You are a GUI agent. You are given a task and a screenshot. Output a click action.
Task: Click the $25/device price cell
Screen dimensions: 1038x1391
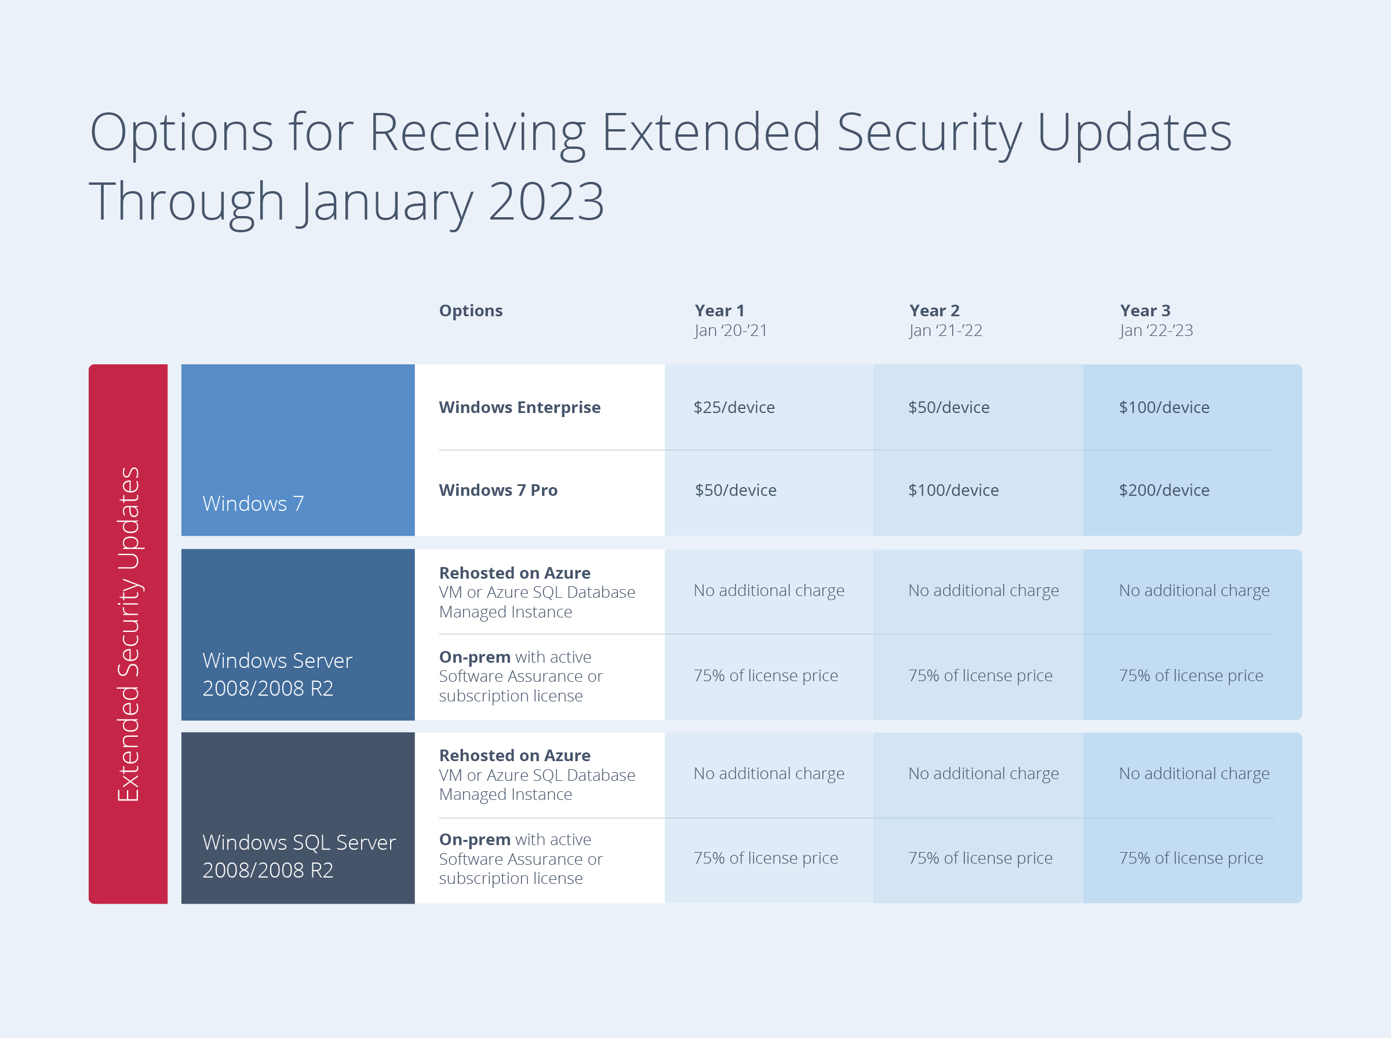(734, 407)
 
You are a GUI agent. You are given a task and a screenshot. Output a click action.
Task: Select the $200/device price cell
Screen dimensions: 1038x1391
(1163, 490)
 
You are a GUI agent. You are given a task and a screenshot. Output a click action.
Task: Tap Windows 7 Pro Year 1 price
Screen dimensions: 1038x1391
(735, 490)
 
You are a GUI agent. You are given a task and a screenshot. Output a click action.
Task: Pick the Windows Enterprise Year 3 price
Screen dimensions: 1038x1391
(1163, 407)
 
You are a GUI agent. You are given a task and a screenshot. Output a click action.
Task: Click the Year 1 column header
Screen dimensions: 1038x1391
(719, 310)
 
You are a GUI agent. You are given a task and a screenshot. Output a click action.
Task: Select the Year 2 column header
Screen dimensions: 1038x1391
(934, 310)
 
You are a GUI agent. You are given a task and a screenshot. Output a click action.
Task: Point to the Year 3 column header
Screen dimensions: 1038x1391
(1145, 310)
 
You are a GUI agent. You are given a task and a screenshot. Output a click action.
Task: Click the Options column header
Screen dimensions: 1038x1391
(470, 310)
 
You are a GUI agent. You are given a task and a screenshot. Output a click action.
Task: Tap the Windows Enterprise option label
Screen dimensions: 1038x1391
(519, 407)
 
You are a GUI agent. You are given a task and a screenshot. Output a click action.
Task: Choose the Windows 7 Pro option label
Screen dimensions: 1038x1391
(498, 490)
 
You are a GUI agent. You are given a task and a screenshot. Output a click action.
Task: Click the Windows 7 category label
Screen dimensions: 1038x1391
(253, 503)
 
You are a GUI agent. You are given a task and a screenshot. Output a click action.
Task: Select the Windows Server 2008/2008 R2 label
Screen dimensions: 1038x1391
(276, 674)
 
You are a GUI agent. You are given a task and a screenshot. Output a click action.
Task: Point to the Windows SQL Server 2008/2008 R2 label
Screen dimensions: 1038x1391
(298, 856)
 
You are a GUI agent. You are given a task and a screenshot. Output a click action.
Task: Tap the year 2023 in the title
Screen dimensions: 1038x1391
(545, 201)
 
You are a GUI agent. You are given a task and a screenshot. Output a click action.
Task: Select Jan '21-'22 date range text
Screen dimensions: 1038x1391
(945, 331)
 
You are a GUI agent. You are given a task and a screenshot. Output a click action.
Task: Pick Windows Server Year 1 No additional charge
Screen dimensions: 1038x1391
(768, 591)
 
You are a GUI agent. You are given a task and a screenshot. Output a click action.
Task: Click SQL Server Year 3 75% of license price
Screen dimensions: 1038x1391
(1190, 858)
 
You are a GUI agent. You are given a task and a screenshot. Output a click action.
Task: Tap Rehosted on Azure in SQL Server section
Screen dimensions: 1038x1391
(514, 755)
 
